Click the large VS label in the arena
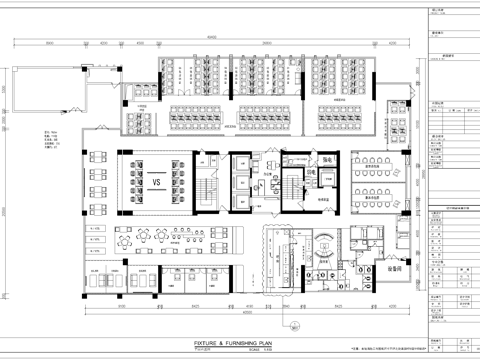[157, 184]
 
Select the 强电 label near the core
[299, 159]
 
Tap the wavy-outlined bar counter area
[286, 250]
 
